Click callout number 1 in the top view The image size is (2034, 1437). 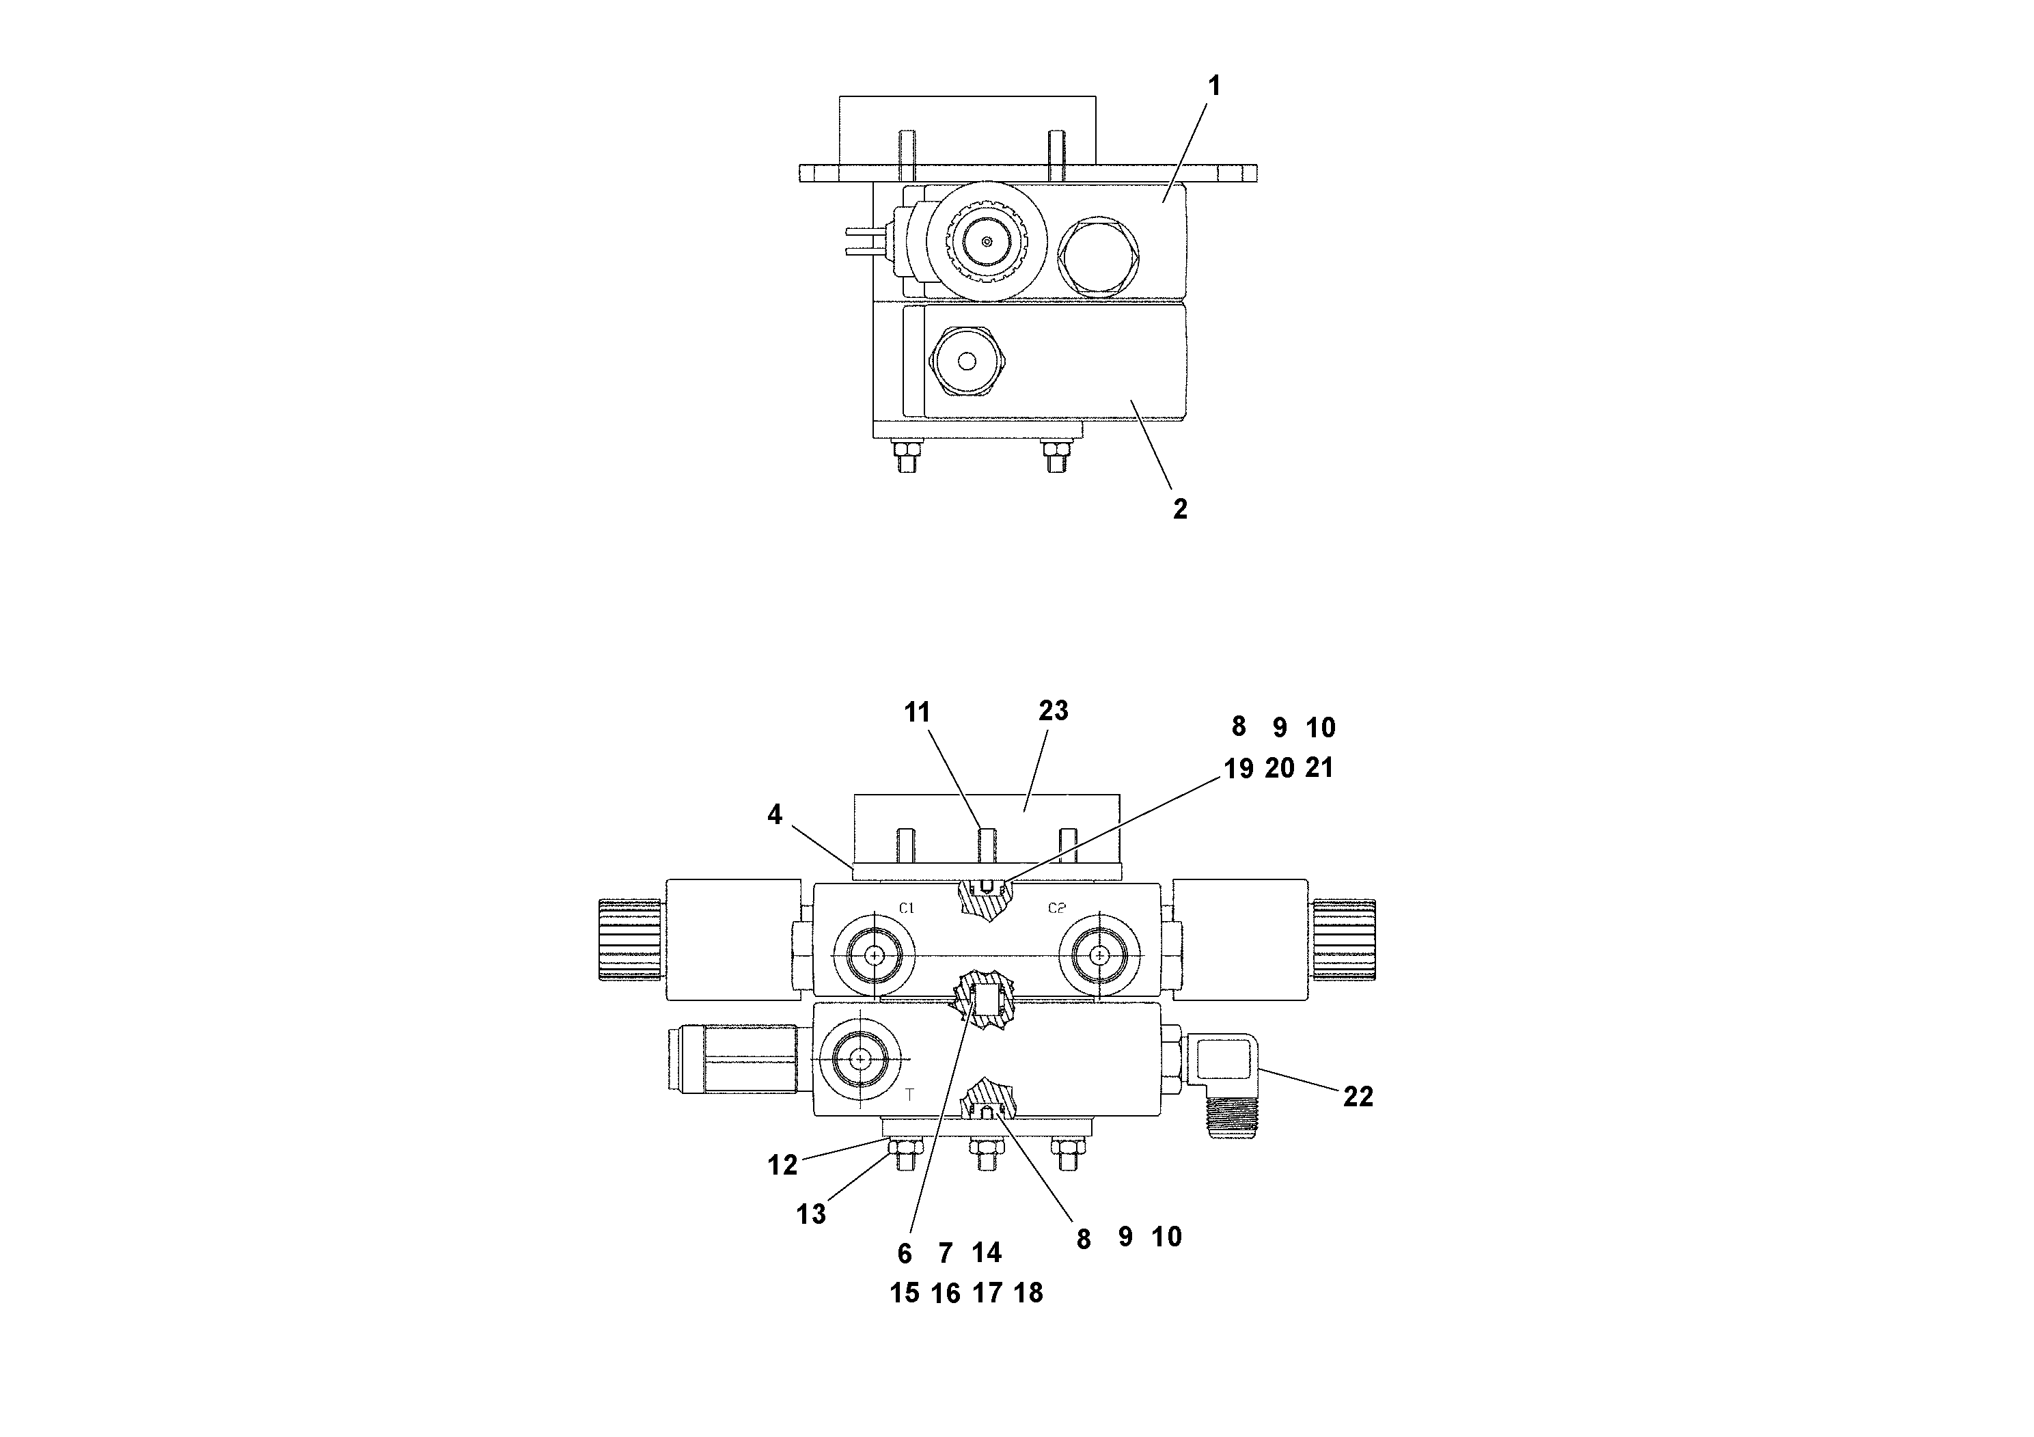point(1215,86)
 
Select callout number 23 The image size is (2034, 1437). point(1054,711)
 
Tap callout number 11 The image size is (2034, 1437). point(917,712)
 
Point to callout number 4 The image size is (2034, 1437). point(775,815)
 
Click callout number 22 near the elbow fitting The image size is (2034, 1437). point(1357,1097)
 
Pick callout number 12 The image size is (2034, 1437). point(782,1165)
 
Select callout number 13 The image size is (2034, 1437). point(810,1214)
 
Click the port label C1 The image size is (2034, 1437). point(906,908)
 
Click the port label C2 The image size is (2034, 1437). point(1056,908)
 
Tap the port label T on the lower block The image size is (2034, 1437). point(909,1096)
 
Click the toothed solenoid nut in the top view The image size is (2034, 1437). point(987,242)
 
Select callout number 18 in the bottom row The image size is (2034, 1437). point(1028,1294)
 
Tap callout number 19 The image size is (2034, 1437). point(1239,769)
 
